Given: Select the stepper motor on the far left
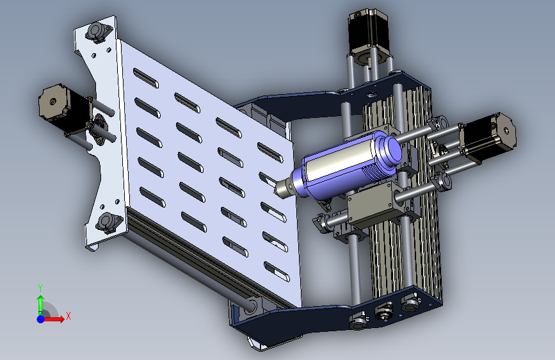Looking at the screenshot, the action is tap(64, 109).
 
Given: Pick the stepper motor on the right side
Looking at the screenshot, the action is tap(488, 137).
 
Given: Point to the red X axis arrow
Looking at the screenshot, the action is tap(54, 319).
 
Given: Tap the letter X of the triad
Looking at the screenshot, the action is tap(68, 316).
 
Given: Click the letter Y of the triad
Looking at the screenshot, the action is tap(40, 288).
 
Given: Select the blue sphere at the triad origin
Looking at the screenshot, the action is tap(41, 319).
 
